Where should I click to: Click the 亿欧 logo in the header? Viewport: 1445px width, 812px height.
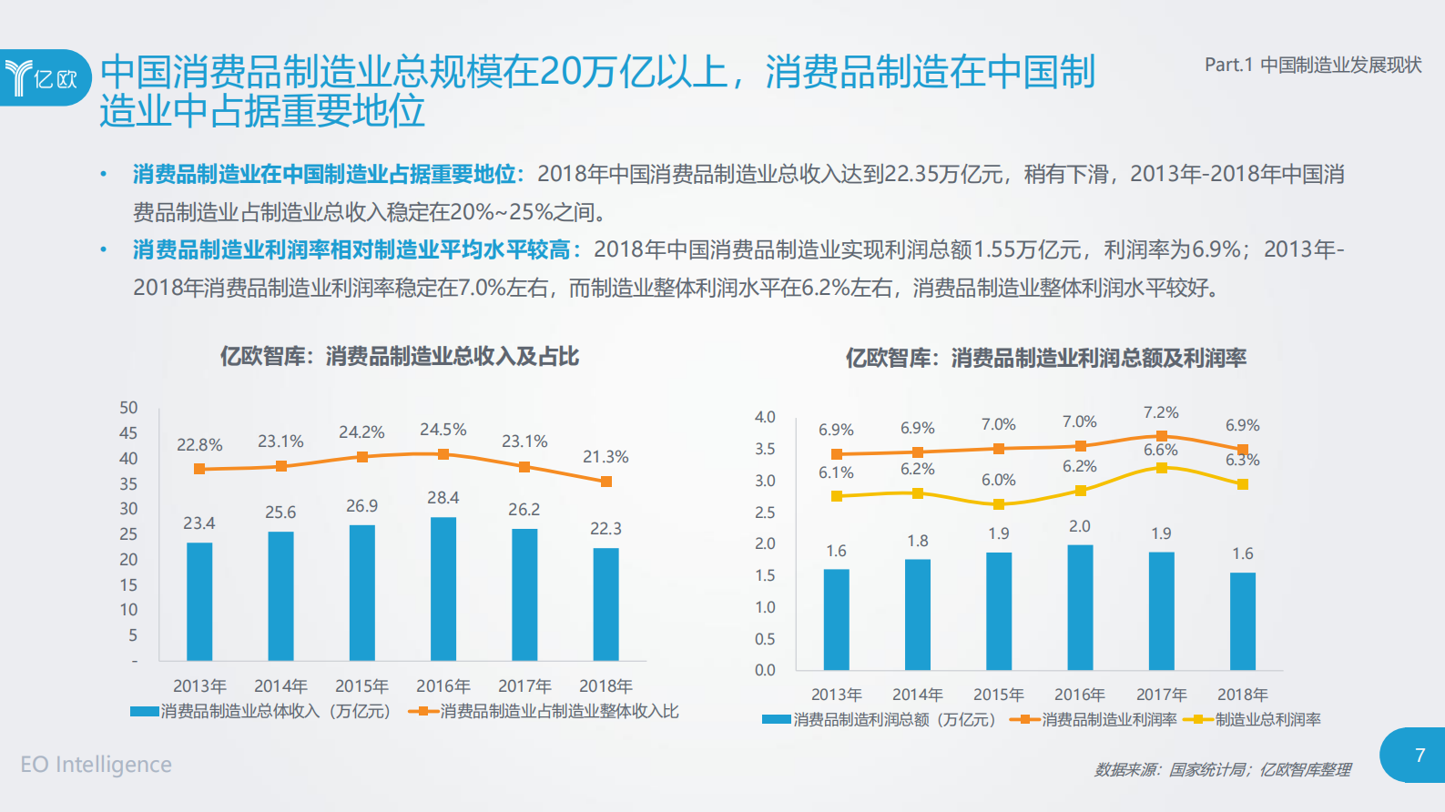pos(44,77)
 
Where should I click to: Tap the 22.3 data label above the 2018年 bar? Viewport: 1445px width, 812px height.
pos(605,529)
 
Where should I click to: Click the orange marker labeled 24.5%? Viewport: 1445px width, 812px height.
pos(443,454)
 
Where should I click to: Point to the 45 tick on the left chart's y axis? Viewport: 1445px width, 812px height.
pos(128,433)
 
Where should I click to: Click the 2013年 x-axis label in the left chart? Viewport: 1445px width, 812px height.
pos(199,685)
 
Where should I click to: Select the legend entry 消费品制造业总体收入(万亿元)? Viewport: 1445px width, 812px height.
pos(260,712)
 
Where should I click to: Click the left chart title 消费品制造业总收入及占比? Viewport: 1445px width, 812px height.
pos(399,356)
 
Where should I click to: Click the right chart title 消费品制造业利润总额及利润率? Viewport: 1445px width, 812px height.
pos(1045,358)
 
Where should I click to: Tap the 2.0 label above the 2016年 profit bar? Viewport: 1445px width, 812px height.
pos(1080,526)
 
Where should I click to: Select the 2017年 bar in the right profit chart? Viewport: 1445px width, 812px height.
pos(1161,610)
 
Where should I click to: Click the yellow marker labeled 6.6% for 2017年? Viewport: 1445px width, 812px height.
pos(1161,468)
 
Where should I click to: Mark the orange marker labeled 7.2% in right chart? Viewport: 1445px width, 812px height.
pos(1161,436)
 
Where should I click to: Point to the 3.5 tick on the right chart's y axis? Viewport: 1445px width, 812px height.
pos(765,449)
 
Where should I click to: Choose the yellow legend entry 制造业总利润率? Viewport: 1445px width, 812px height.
pos(1253,720)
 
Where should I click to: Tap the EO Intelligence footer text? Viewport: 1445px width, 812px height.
pos(96,765)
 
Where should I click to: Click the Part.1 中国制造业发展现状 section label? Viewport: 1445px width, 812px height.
pos(1312,65)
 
